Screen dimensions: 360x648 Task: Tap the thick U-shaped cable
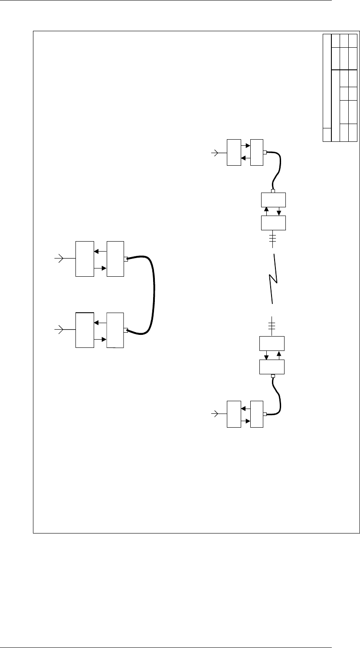(x=154, y=295)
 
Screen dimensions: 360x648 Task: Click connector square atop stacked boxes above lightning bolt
(x=273, y=190)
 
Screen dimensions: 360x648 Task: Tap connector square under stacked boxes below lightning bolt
(x=273, y=376)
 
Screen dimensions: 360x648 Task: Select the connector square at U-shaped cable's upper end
(x=126, y=259)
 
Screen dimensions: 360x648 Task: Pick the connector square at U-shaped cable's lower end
(x=126, y=331)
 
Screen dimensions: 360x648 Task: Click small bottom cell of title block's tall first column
(x=327, y=135)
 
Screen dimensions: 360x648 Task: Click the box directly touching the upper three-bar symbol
(x=273, y=223)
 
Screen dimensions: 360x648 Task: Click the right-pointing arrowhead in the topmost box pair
(x=248, y=147)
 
